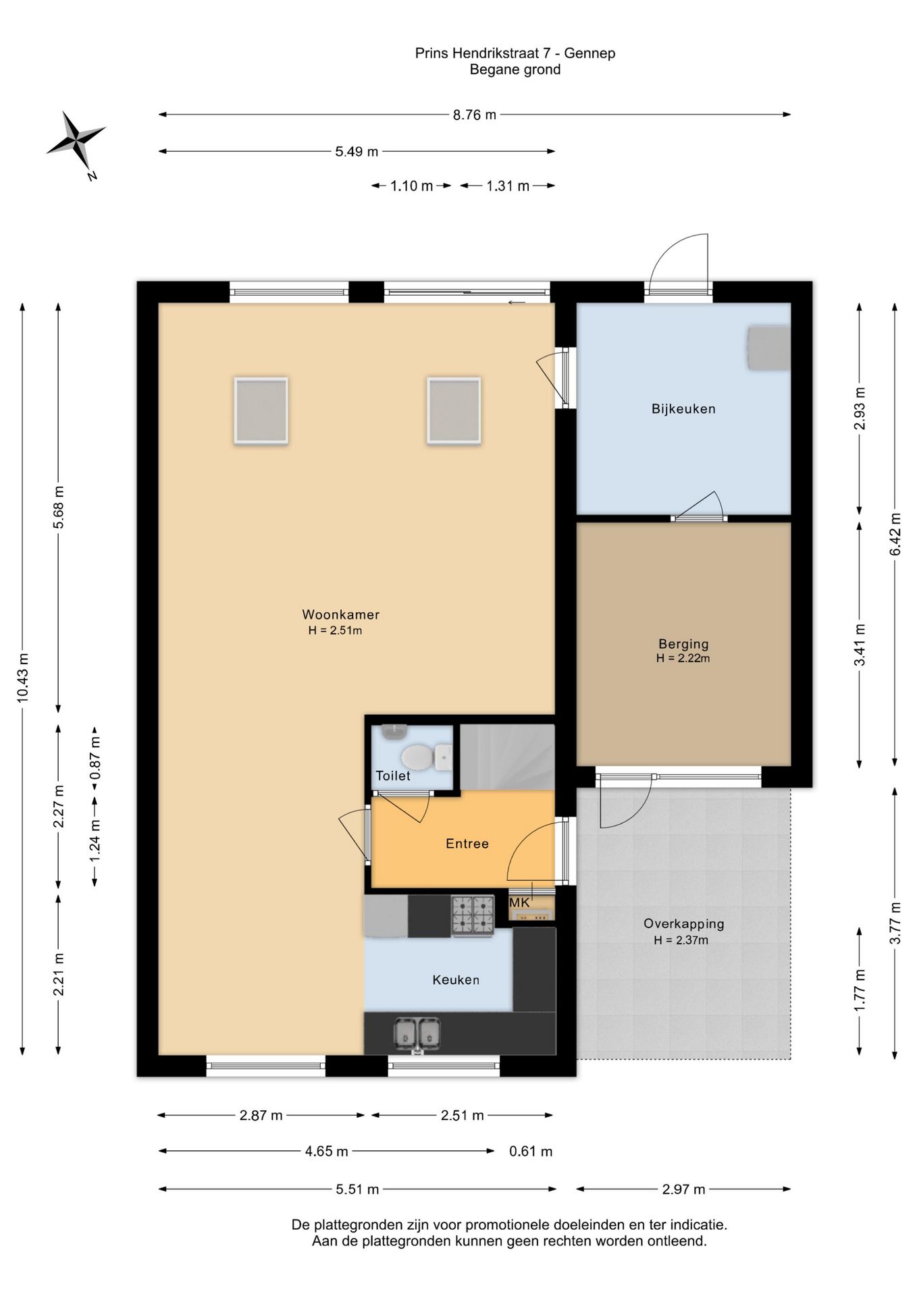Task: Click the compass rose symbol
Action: point(76,140)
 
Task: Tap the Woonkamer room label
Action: point(340,615)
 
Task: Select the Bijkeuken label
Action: point(683,408)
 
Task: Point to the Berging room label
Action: point(683,644)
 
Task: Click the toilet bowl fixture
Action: point(417,757)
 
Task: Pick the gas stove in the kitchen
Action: point(473,915)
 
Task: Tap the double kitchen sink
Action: point(417,1032)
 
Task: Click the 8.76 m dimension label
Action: point(474,115)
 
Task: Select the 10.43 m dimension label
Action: point(23,677)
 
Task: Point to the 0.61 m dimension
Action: point(531,1152)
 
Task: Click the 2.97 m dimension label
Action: point(683,1189)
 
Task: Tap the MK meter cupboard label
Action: point(519,902)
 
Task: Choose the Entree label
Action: point(467,844)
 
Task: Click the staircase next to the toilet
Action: point(507,757)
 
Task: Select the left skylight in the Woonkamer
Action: point(261,410)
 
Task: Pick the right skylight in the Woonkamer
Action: point(454,410)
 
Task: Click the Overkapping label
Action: point(683,924)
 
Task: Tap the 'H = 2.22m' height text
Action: point(683,659)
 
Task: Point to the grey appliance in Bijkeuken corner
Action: point(768,348)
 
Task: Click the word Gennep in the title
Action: point(589,53)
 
